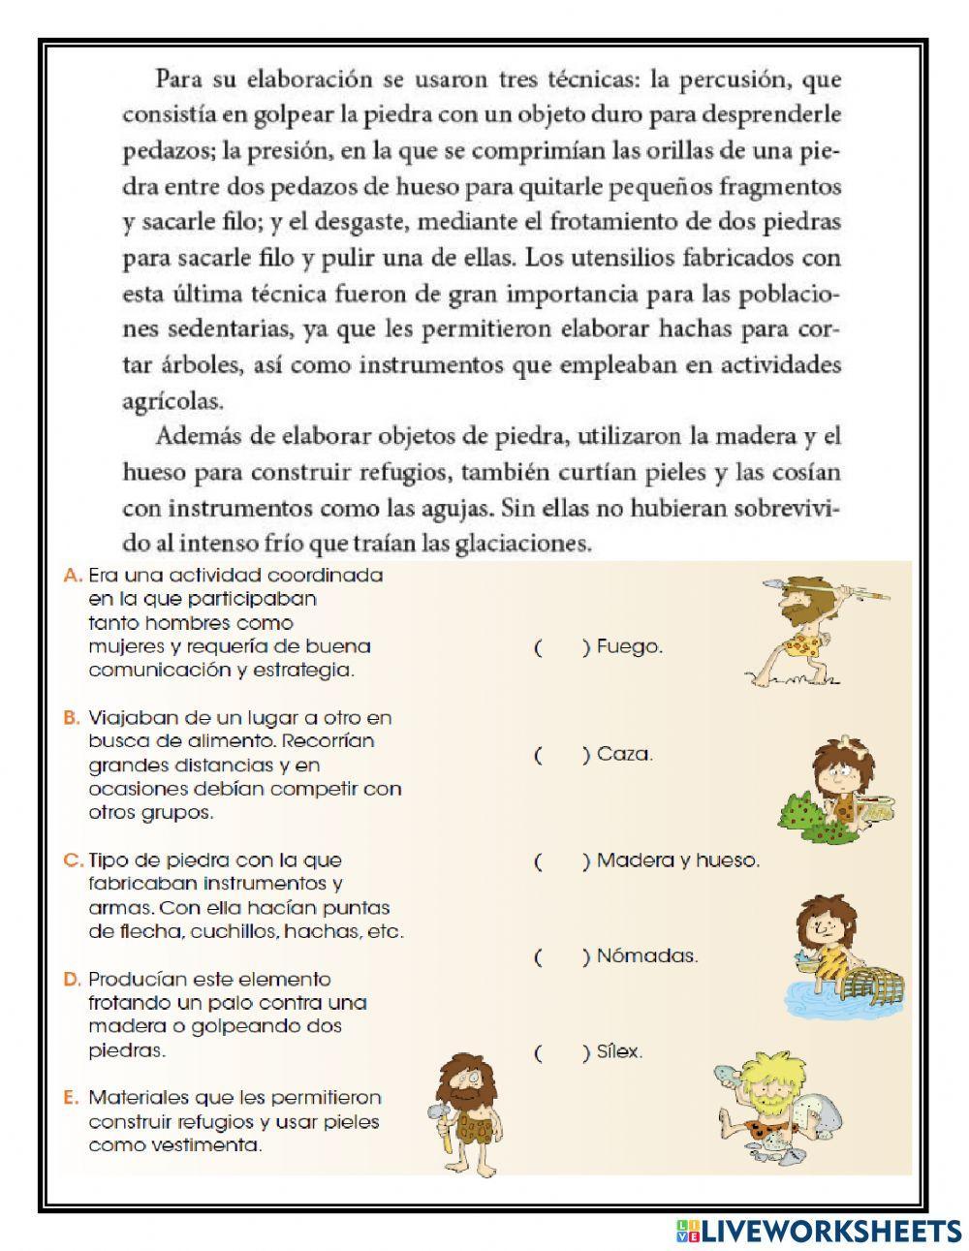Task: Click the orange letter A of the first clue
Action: coord(70,576)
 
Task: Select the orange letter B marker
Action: coord(70,719)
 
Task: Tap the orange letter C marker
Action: coord(70,860)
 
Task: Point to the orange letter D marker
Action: coord(70,980)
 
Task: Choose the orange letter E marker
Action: coord(70,1099)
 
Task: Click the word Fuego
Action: coord(630,647)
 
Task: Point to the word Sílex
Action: coord(619,1052)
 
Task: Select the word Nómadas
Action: coord(646,957)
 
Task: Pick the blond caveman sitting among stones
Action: coord(775,1105)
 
